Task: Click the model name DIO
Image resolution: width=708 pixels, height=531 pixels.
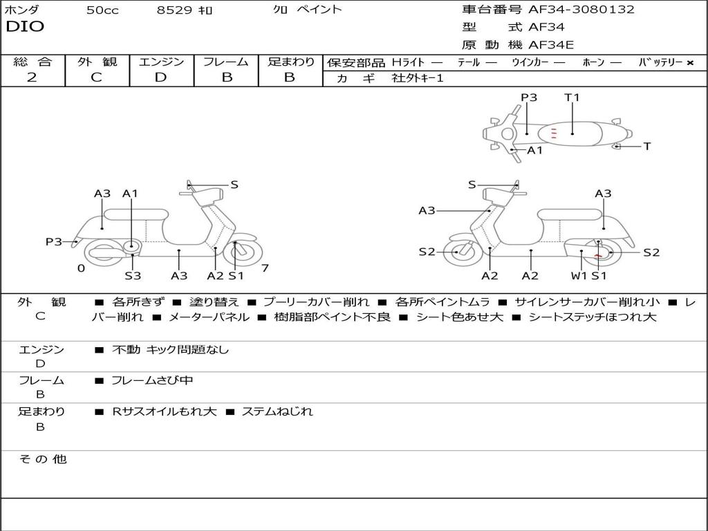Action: pyautogui.click(x=25, y=27)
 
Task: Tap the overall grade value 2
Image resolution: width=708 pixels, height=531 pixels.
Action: pyautogui.click(x=32, y=77)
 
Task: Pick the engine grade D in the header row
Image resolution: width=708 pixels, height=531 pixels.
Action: pyautogui.click(x=160, y=77)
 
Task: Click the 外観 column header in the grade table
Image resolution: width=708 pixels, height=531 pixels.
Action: pyautogui.click(x=97, y=62)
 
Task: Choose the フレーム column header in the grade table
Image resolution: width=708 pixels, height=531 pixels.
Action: pyautogui.click(x=226, y=62)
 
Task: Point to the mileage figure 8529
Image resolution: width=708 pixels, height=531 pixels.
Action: pyautogui.click(x=175, y=10)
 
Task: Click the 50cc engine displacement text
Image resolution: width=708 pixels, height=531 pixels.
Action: pyautogui.click(x=102, y=10)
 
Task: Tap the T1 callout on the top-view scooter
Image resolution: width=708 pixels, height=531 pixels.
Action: pyautogui.click(x=572, y=97)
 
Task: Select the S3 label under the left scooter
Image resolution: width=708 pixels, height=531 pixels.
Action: pyautogui.click(x=133, y=276)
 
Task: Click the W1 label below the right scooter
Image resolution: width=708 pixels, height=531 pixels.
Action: pyautogui.click(x=579, y=276)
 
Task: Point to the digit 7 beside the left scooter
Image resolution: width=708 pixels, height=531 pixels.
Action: pyautogui.click(x=265, y=268)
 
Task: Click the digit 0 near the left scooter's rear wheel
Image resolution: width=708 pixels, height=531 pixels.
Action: pyautogui.click(x=81, y=268)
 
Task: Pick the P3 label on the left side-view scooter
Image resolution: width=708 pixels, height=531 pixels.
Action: pyautogui.click(x=54, y=241)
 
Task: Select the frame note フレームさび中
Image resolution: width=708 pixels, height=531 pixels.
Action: pyautogui.click(x=152, y=380)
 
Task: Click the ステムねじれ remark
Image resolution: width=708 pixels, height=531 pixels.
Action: pyautogui.click(x=277, y=411)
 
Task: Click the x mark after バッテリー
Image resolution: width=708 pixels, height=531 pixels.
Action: pyautogui.click(x=689, y=62)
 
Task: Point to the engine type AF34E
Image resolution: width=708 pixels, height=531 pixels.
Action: pyautogui.click(x=551, y=45)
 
